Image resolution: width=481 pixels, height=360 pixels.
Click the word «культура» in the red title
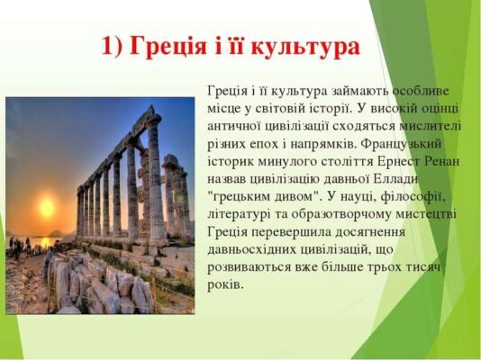pos(304,47)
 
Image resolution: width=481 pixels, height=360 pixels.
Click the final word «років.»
pos(225,283)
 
